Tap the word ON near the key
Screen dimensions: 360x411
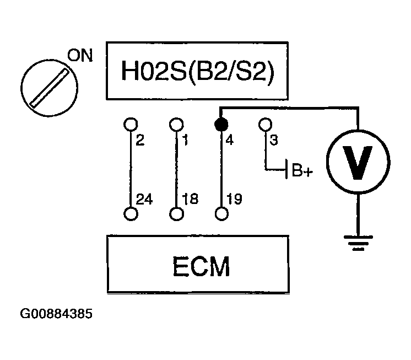(x=80, y=56)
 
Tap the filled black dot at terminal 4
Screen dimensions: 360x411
(x=220, y=123)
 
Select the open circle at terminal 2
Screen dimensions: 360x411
(x=130, y=123)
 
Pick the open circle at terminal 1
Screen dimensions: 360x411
(x=176, y=123)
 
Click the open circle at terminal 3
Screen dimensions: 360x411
(x=266, y=123)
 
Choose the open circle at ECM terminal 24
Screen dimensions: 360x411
(x=130, y=214)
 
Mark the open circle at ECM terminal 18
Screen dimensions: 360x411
(x=176, y=214)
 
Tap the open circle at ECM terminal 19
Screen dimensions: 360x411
(x=221, y=214)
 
